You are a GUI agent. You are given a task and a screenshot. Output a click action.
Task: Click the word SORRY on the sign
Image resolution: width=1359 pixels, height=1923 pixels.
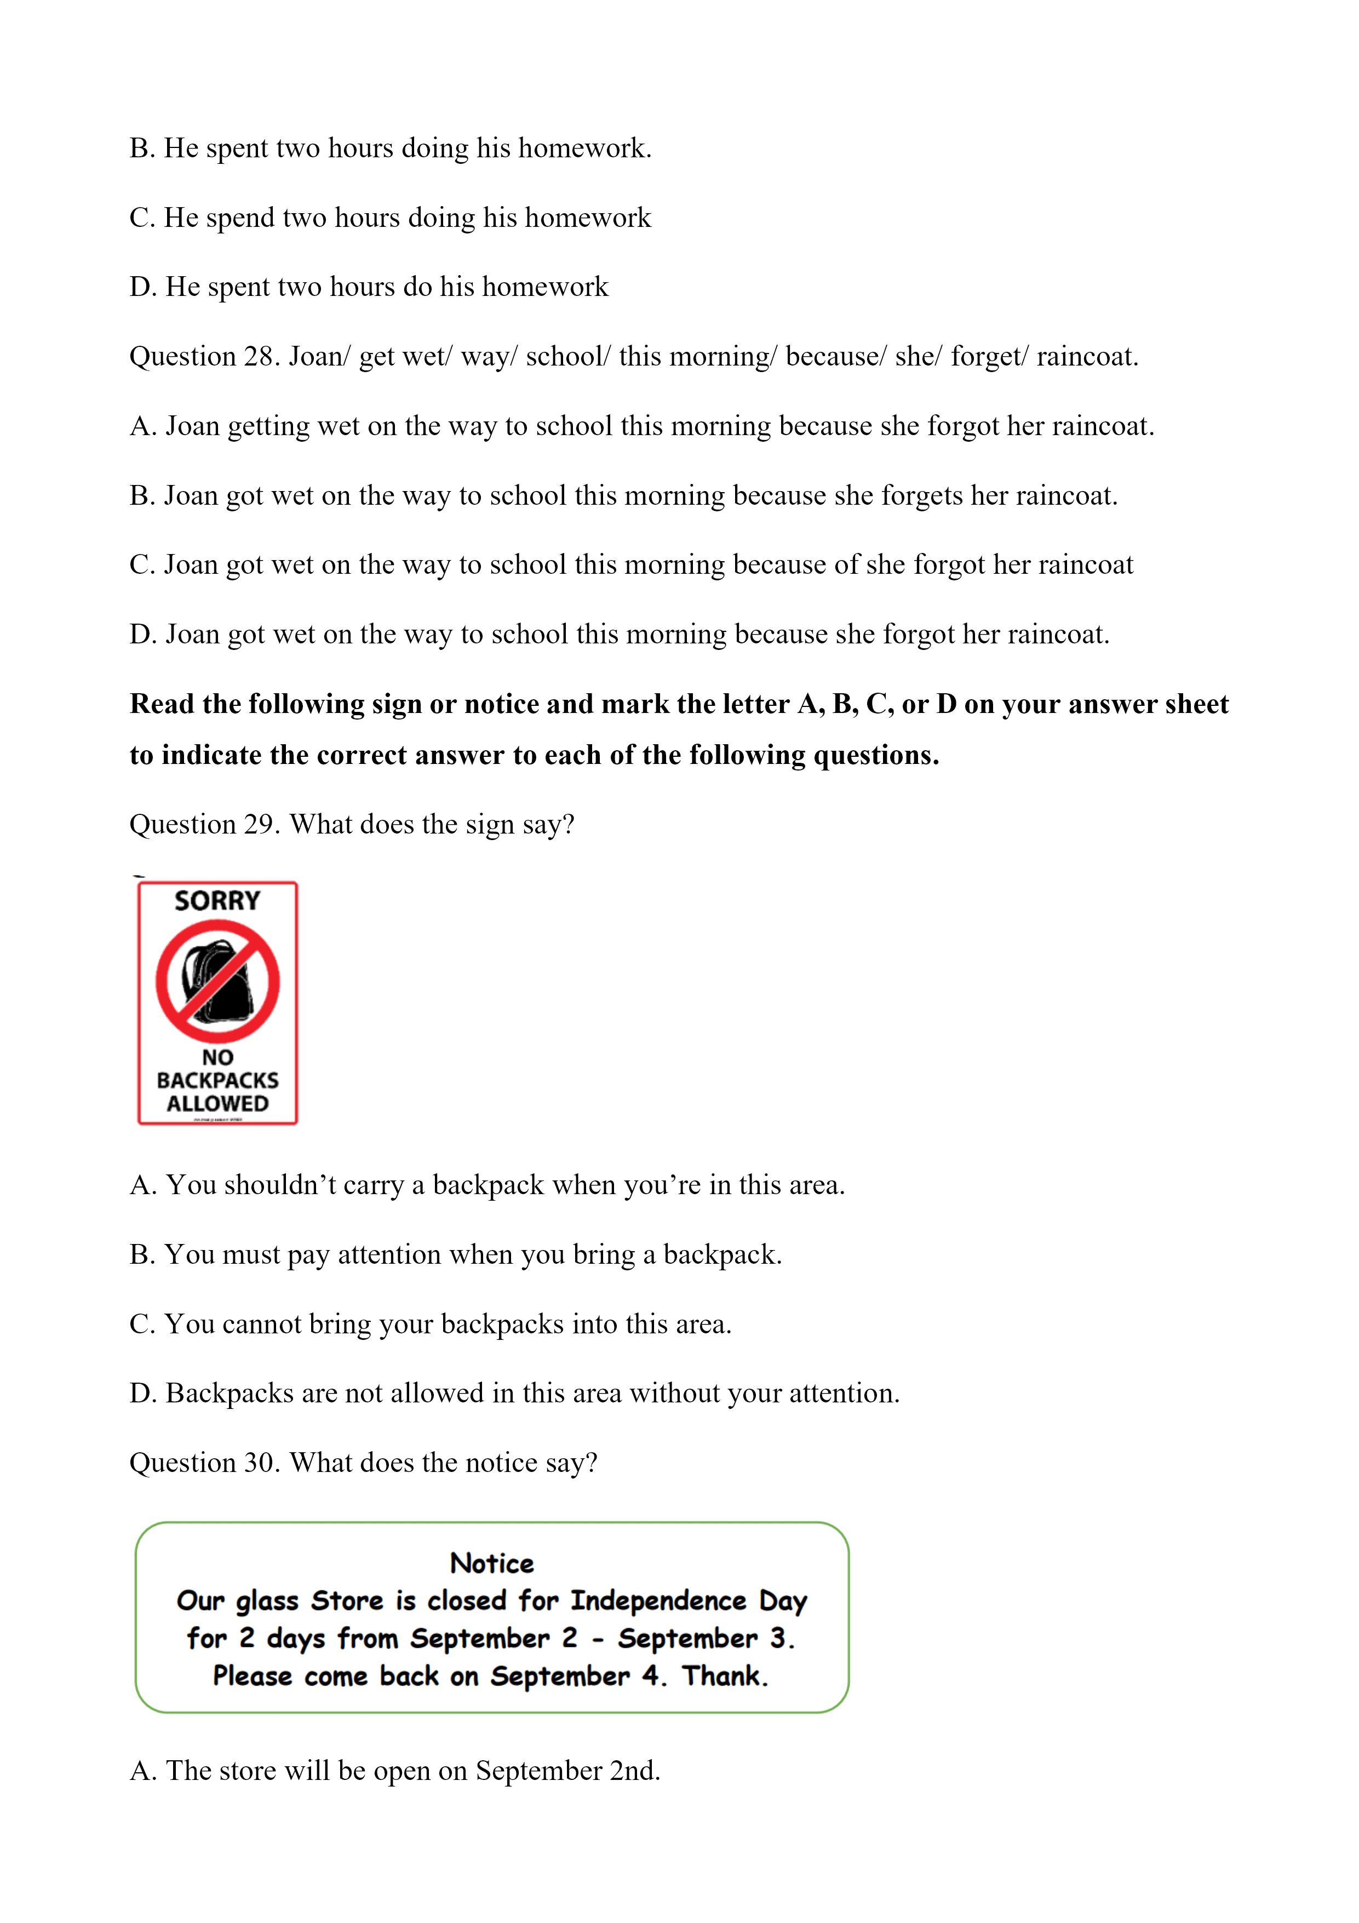pos(217,901)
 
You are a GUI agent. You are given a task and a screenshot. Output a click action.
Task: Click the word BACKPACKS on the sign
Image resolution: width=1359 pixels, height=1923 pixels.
pos(217,1081)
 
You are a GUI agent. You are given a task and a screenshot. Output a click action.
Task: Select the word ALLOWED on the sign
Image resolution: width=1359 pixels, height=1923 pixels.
pos(217,1104)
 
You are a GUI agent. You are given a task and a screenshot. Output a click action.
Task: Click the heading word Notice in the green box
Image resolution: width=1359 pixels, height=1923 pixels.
pos(491,1563)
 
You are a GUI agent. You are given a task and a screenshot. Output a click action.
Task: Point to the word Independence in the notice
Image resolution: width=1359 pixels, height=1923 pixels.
pos(658,1601)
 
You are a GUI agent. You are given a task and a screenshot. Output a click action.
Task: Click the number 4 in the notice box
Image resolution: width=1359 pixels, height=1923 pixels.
pos(651,1676)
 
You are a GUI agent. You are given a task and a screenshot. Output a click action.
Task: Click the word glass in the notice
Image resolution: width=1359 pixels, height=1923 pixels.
pos(267,1601)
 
